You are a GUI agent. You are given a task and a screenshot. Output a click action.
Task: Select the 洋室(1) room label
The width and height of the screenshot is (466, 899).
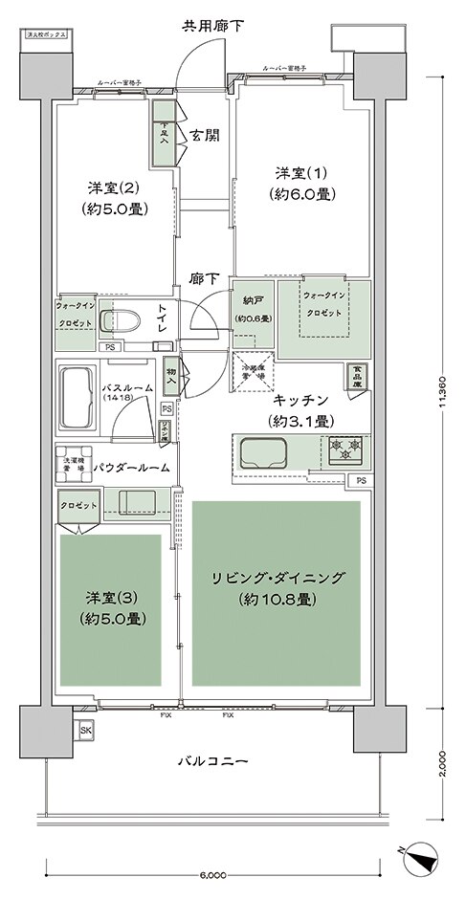(300, 183)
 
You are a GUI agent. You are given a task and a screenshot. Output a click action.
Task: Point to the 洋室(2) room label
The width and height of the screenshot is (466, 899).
(114, 197)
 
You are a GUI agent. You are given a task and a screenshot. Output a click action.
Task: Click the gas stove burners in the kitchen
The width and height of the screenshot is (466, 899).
(341, 446)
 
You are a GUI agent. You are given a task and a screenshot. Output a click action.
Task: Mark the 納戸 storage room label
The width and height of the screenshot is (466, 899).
(254, 310)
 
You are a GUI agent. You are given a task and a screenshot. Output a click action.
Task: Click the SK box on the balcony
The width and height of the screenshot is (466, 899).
(86, 731)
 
